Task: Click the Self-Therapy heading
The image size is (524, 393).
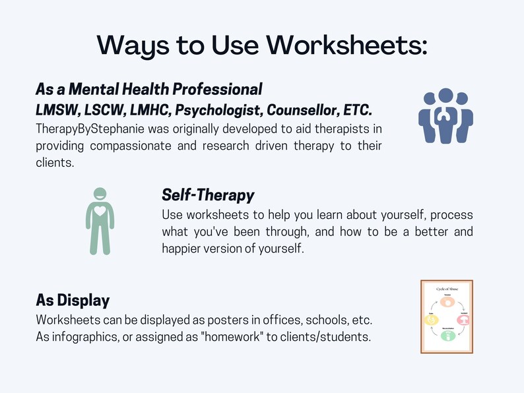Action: click(208, 195)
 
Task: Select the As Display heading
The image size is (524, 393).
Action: click(73, 301)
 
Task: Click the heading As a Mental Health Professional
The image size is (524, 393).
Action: click(149, 89)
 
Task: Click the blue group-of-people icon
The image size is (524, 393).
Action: click(446, 116)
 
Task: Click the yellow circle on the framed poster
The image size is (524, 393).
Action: click(430, 320)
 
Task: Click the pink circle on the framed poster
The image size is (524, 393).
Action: click(463, 320)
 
